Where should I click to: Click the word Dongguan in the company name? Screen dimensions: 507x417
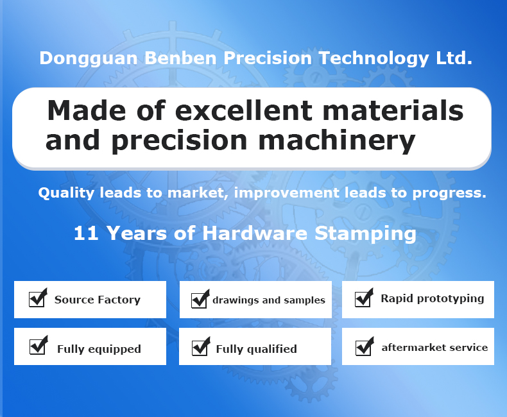click(89, 59)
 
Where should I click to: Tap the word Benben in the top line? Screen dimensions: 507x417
click(180, 58)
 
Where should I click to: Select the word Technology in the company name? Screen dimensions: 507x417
click(374, 59)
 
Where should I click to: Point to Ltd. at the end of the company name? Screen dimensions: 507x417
click(454, 58)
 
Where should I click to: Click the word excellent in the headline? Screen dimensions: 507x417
click(244, 110)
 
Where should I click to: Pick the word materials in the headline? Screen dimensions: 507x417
click(393, 110)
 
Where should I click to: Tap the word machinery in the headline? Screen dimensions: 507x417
click(336, 141)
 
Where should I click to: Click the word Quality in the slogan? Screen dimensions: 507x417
click(66, 193)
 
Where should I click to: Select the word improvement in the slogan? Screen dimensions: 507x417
click(287, 192)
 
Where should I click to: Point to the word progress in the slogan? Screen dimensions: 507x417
click(449, 193)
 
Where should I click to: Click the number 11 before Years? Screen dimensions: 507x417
click(86, 233)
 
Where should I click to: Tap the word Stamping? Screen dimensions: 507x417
click(365, 234)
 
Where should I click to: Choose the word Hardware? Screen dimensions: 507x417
click(255, 233)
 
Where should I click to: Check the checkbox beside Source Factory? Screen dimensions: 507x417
click(38, 298)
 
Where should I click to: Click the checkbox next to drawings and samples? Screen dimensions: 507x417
click(200, 299)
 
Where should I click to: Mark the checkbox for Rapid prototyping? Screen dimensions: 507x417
click(364, 298)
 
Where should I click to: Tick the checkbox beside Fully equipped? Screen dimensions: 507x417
click(39, 345)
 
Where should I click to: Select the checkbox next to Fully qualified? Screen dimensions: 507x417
click(201, 346)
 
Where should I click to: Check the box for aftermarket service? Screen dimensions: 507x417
click(365, 346)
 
